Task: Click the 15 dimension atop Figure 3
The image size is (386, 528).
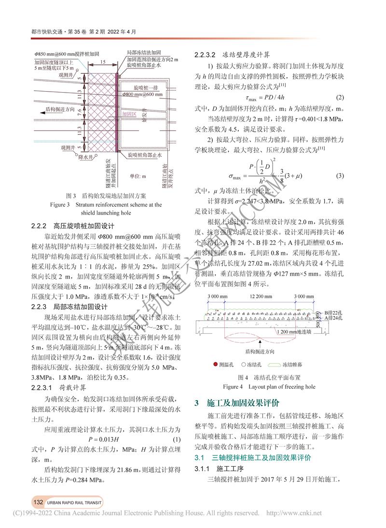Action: (103, 63)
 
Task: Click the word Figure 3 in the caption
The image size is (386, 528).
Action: (61, 204)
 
